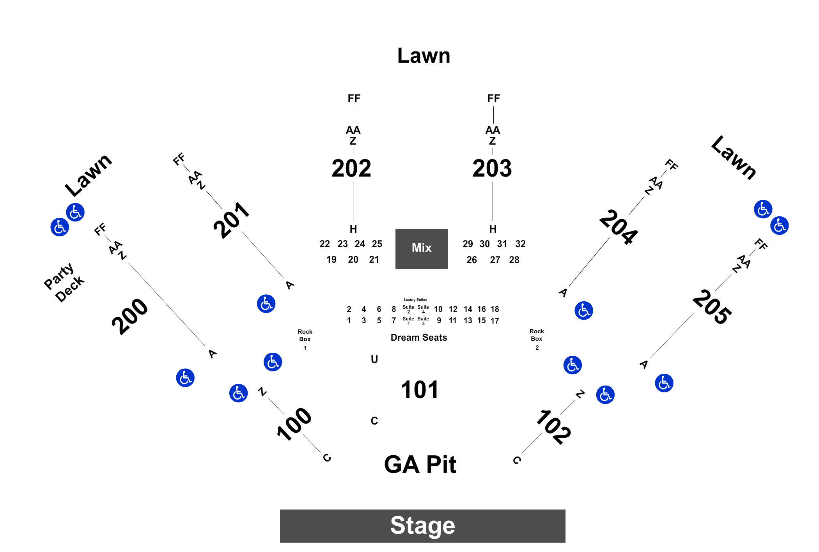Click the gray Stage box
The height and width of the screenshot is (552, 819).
coord(422,525)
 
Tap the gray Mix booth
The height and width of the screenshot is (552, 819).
coord(421,249)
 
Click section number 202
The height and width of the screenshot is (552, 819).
coord(351,168)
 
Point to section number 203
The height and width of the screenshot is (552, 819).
coord(492,168)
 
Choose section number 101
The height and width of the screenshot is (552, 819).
coord(420,389)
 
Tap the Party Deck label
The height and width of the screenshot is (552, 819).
coord(64,282)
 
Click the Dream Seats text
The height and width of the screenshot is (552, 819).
coord(419,338)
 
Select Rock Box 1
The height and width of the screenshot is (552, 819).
coord(305,339)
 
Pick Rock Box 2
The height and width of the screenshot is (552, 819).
coord(537,339)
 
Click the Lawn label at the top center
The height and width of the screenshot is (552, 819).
coord(424,55)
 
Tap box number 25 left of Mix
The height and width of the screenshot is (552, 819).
coord(377,244)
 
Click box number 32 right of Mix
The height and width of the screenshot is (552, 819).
coord(521,244)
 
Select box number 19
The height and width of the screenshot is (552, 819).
coord(331,260)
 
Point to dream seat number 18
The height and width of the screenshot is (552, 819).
coord(495,309)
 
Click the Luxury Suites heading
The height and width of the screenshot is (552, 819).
coord(415,300)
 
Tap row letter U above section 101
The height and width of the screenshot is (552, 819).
coord(374,359)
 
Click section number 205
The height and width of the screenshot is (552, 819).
coord(712,307)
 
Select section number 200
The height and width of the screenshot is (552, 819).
coord(130,317)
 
